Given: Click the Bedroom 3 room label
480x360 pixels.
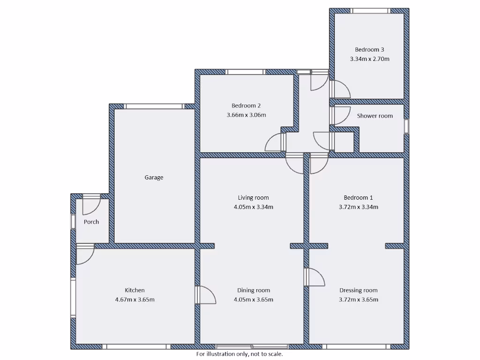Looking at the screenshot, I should [369, 50].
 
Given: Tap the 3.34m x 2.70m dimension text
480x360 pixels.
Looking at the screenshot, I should [369, 59].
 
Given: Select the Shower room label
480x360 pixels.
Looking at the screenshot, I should [375, 116].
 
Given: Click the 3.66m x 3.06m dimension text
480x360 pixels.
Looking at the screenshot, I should [246, 115].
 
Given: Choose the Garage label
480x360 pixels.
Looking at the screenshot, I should [154, 178].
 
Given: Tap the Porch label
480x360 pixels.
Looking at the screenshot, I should [91, 222].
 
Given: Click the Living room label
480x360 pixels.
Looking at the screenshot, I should [253, 198].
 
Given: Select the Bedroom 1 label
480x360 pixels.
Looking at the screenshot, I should [358, 198].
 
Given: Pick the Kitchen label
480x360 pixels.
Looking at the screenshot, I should [135, 290].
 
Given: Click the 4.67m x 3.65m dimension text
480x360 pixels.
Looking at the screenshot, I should [135, 300].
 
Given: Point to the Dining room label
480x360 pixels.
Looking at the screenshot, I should [253, 290].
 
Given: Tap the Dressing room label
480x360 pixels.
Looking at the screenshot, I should [358, 290].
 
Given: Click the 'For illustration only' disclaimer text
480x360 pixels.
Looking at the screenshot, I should [240, 354].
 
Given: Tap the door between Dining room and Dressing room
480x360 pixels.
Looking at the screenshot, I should [314, 277].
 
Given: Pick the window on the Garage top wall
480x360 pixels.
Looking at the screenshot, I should [154, 106].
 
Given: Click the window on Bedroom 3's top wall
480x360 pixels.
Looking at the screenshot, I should [370, 11].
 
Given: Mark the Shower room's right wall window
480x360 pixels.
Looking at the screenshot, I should [406, 127].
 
